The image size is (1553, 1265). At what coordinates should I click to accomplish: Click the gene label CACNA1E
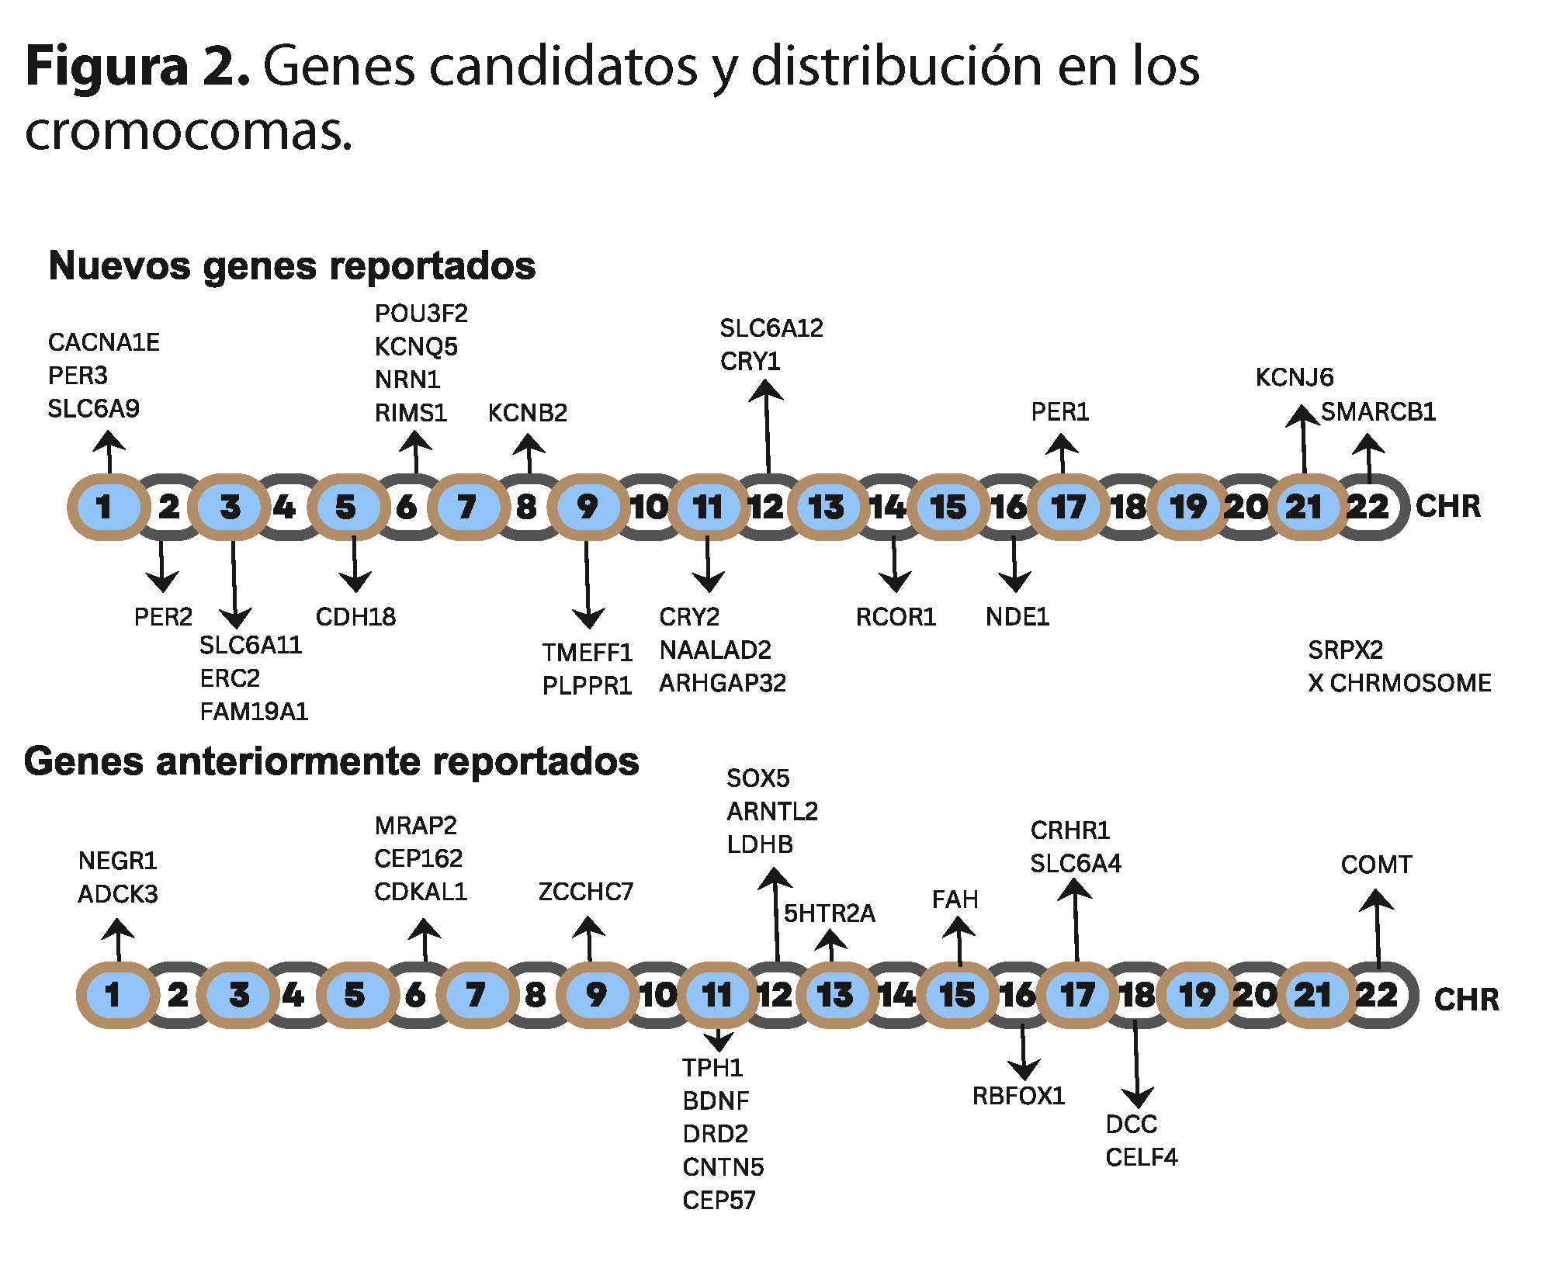point(103,342)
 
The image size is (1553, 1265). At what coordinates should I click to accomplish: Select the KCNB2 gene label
point(527,413)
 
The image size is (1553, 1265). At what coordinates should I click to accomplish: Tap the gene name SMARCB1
point(1378,411)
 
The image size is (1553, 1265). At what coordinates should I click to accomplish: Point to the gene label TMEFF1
point(587,653)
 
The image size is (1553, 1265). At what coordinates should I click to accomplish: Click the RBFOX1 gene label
point(1018,1096)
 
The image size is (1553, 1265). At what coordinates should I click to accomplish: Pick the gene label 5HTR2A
point(829,913)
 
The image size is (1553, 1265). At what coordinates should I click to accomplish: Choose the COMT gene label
point(1376,865)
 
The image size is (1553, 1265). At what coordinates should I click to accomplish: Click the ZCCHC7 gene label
point(586,892)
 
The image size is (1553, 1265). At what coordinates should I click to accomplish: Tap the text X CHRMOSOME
point(1399,683)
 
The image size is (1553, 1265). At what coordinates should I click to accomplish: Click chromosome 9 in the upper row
point(588,507)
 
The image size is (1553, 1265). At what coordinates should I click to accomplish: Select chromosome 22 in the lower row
point(1376,995)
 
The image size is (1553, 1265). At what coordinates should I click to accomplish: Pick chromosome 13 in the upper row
point(826,507)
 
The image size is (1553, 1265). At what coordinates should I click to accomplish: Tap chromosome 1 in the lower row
point(113,995)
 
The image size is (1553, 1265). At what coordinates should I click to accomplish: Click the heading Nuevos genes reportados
point(292,265)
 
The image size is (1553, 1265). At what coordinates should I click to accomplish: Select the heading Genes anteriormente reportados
point(331,761)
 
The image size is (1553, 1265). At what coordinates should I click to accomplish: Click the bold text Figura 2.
point(137,66)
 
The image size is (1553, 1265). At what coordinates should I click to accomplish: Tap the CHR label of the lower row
point(1466,1000)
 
